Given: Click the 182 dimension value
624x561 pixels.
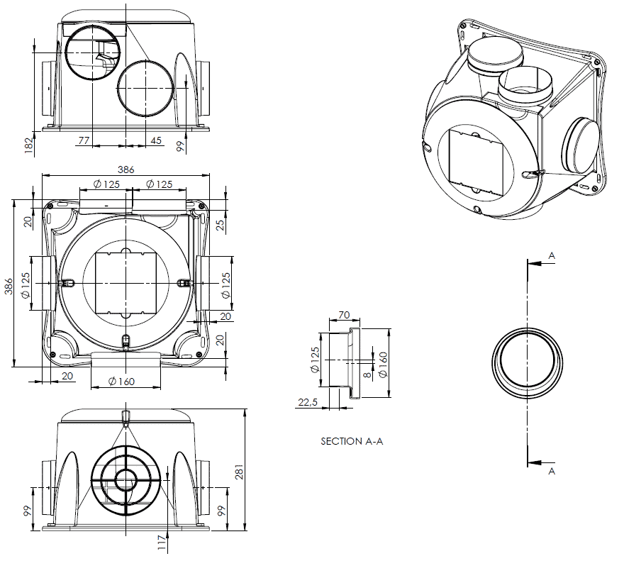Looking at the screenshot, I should (x=28, y=145).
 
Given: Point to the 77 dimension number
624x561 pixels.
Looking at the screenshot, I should (x=84, y=140).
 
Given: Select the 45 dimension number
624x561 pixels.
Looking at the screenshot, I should (x=156, y=140).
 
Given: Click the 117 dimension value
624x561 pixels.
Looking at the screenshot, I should (x=162, y=543).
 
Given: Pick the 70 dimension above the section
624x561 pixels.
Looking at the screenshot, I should (x=345, y=315).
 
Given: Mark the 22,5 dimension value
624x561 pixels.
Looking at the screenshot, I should (x=307, y=402).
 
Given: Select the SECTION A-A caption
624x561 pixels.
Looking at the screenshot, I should (x=352, y=441).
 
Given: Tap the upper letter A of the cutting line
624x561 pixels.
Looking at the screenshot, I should (x=552, y=255).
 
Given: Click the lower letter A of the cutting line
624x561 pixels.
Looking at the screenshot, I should (x=552, y=470).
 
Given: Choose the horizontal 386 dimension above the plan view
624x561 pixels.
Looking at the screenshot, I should (x=126, y=170).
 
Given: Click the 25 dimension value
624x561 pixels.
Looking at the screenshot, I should (x=220, y=225).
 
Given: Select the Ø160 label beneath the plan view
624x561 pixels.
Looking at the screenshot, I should (x=121, y=382).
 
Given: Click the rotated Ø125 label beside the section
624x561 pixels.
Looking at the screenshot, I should (x=315, y=360).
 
